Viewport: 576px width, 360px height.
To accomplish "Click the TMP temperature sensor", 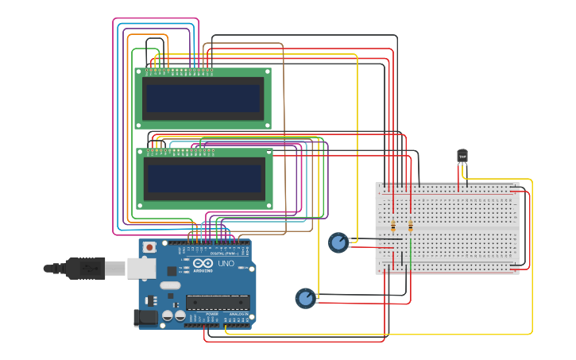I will pos(462,156).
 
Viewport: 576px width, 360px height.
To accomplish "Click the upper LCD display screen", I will pos(203,99).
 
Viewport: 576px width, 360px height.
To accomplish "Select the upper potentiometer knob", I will pos(338,242).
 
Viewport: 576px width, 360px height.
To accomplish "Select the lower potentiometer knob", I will pos(305,298).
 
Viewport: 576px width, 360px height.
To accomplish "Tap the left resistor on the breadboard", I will pos(393,226).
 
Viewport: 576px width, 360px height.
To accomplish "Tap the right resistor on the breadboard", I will pos(410,226).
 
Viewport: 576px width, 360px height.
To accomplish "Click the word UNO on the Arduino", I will pos(226,264).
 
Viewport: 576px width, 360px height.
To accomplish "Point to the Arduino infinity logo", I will pos(203,264).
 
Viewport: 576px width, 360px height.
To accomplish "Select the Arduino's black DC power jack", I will pos(145,318).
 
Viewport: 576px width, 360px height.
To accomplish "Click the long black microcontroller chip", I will pos(217,303).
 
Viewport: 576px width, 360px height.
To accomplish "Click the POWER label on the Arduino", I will pos(211,315).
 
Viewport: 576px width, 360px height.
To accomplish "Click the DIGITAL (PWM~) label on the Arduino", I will pos(224,254).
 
